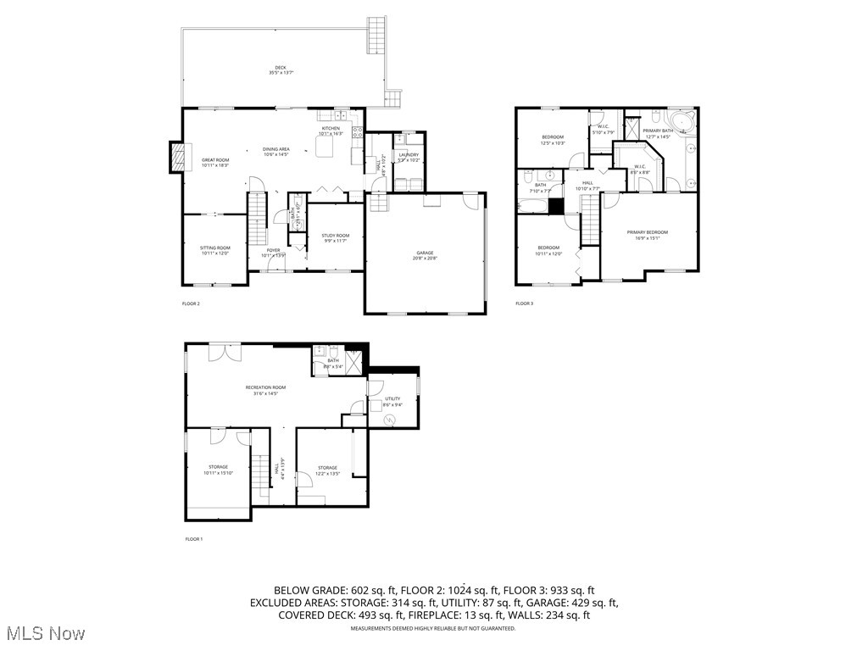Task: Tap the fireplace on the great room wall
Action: tap(177, 158)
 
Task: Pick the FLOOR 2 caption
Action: tap(191, 303)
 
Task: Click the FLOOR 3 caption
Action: tap(525, 303)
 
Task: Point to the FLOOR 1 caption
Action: tap(194, 539)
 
